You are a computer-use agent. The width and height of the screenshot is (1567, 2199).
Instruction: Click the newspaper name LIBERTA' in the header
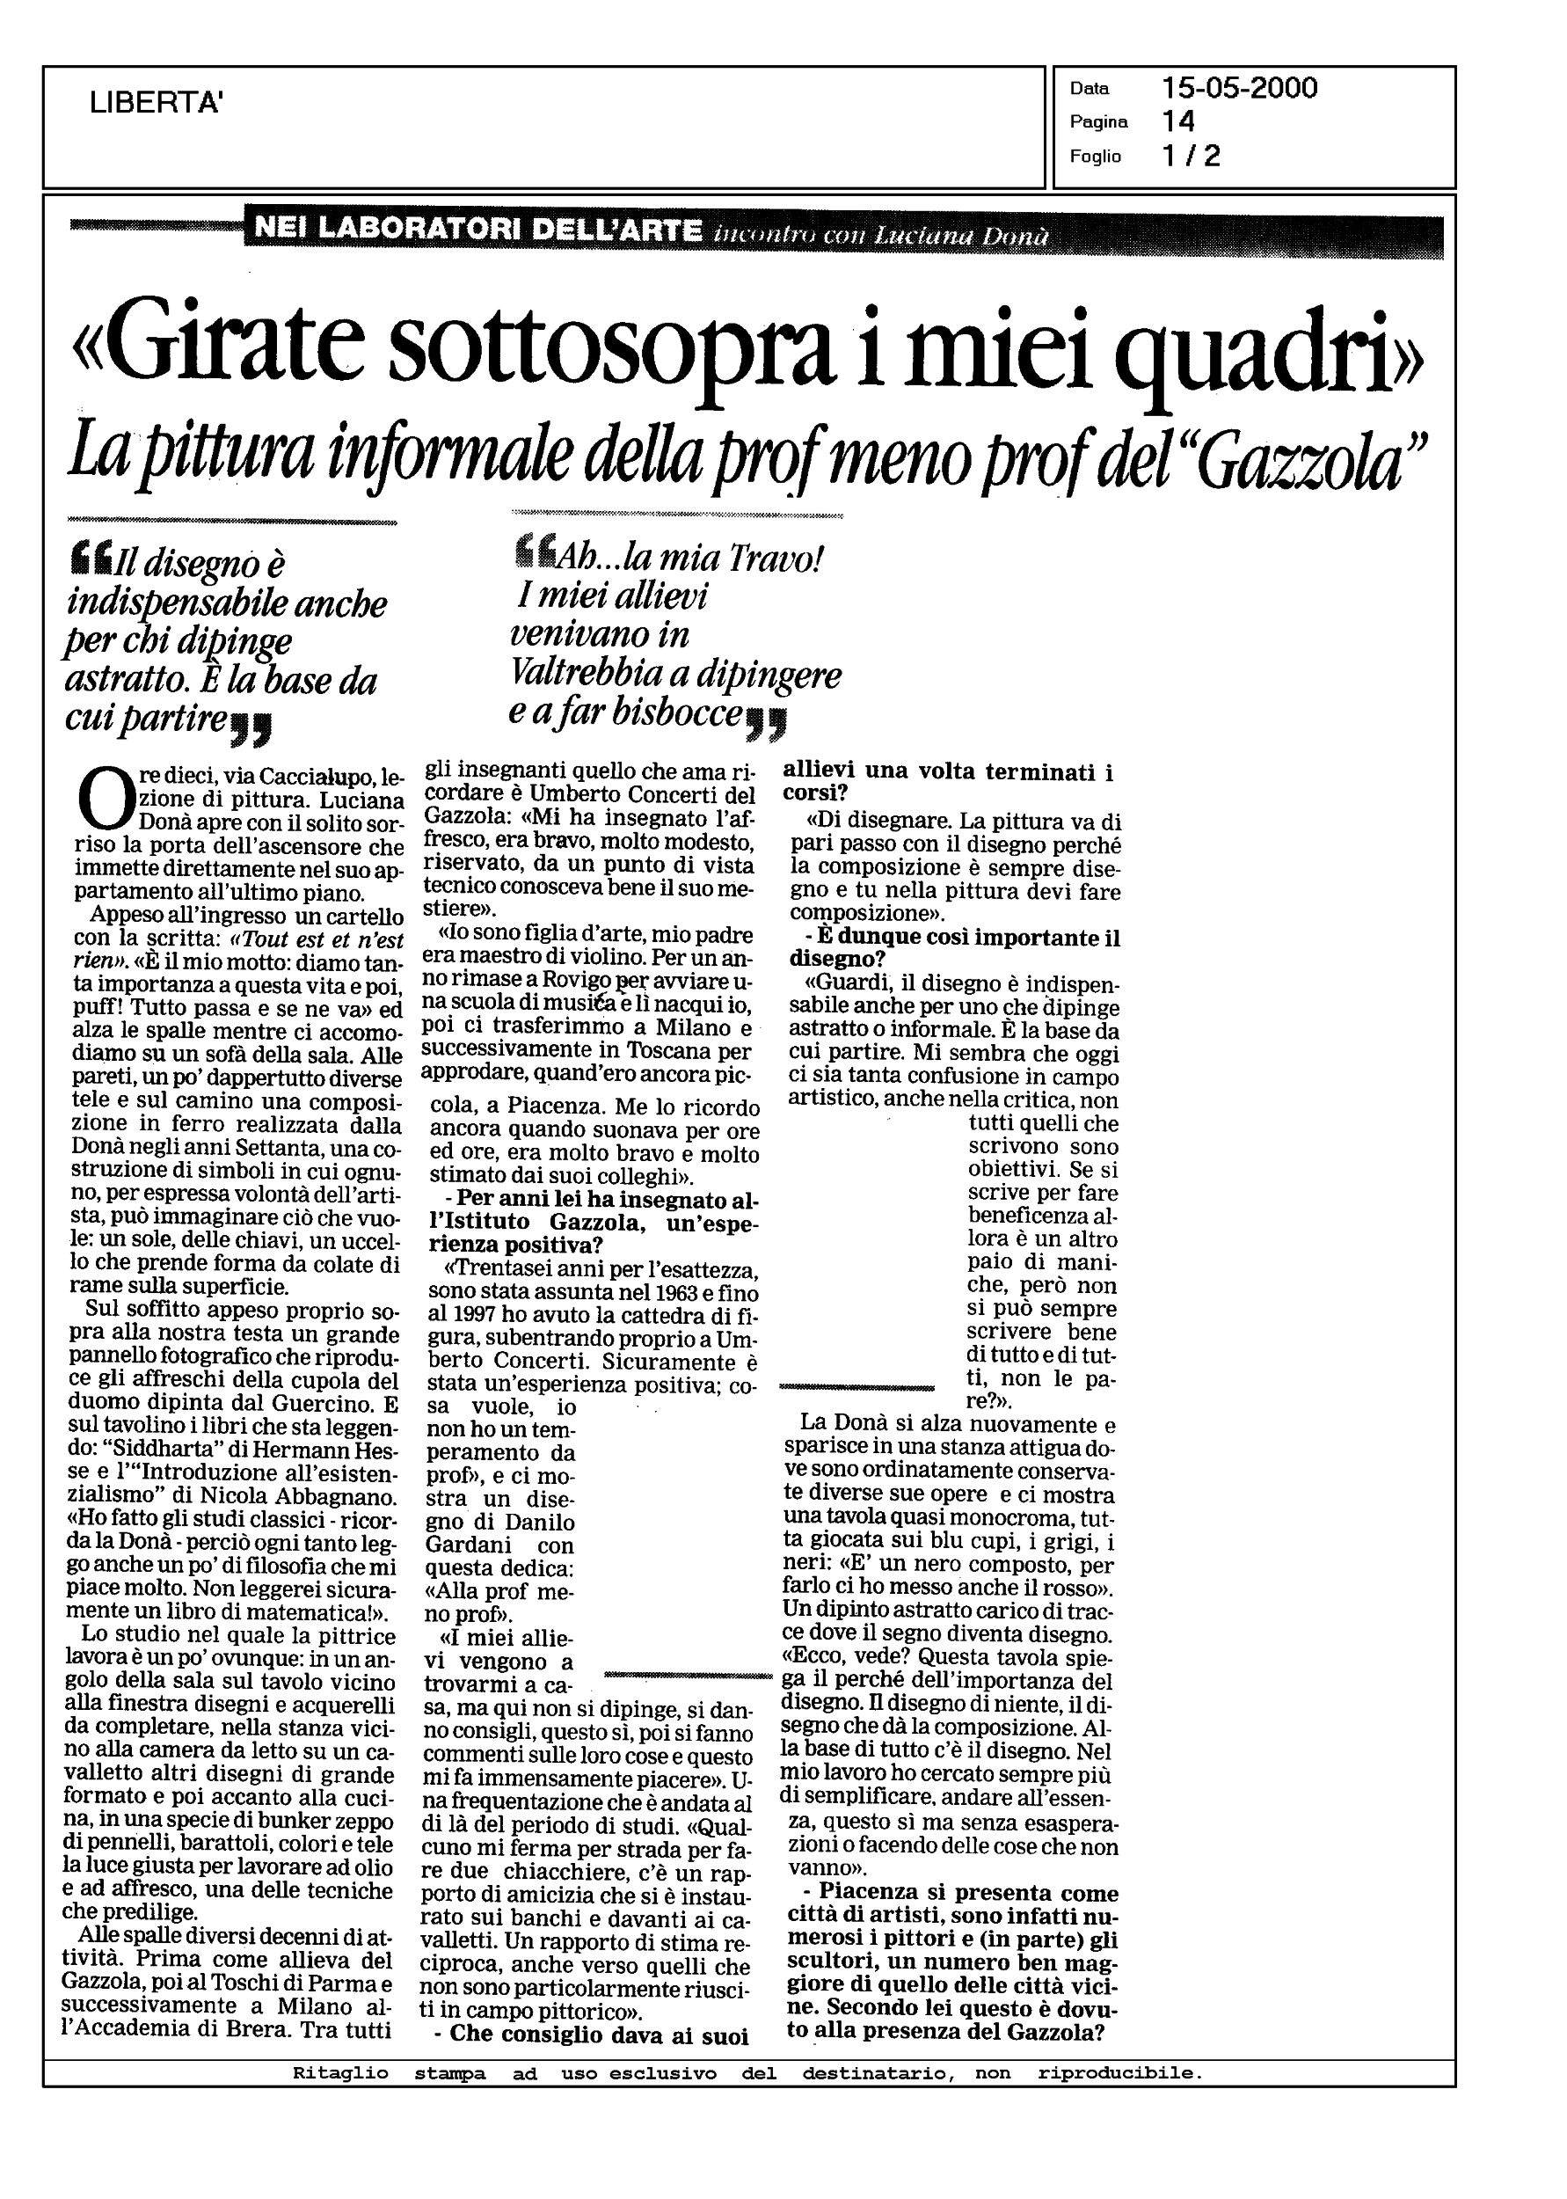(x=157, y=102)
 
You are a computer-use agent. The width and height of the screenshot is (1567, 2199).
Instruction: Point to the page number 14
(x=1178, y=121)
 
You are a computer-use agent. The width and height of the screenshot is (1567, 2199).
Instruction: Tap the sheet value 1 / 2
(x=1192, y=156)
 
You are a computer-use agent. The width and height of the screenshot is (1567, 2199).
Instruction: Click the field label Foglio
(x=1094, y=157)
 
